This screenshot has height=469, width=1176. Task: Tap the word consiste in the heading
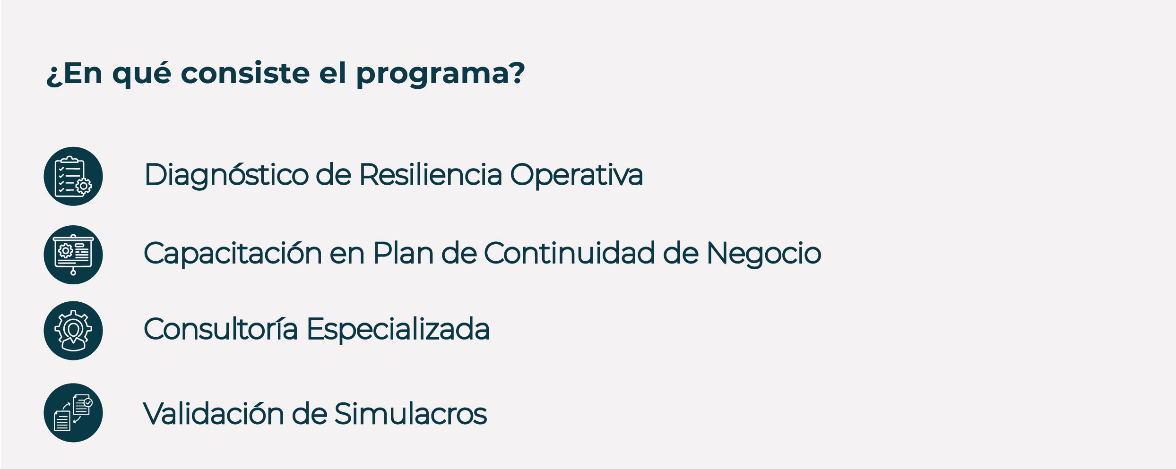click(245, 73)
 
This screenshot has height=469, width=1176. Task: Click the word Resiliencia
click(430, 174)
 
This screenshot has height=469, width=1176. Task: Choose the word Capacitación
click(233, 254)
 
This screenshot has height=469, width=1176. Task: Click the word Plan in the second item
click(403, 253)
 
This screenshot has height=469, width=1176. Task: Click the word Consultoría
click(221, 329)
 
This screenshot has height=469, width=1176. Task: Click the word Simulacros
click(410, 413)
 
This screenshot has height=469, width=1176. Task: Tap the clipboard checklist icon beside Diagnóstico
click(73, 176)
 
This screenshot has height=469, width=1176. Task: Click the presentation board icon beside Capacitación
click(73, 255)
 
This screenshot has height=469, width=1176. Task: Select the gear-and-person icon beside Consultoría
click(73, 331)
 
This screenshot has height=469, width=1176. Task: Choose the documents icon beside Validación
click(73, 413)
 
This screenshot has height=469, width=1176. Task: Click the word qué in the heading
click(141, 75)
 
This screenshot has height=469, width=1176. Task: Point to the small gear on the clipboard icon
click(84, 186)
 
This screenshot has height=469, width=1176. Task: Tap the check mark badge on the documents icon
click(88, 403)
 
